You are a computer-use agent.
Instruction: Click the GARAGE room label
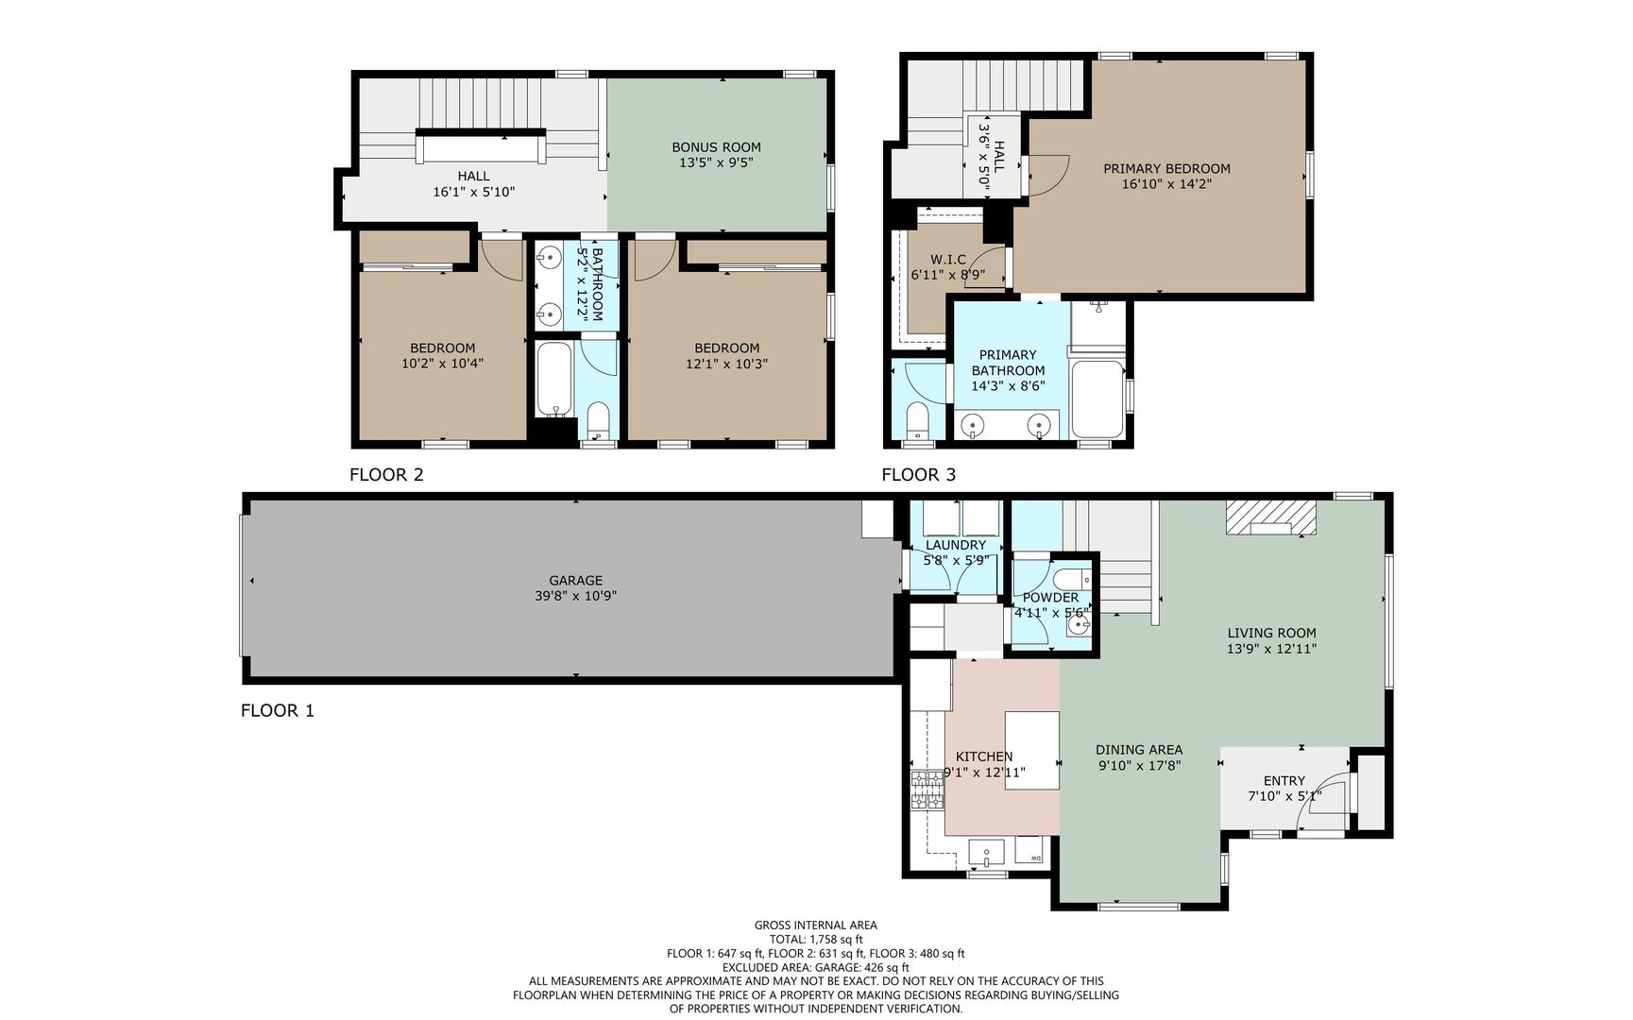point(575,581)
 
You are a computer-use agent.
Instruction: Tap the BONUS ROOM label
point(716,147)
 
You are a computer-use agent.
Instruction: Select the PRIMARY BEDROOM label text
point(1166,169)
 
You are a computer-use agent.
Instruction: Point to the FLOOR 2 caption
point(386,474)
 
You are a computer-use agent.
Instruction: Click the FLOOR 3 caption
point(918,474)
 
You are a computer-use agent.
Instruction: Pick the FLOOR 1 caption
point(277,710)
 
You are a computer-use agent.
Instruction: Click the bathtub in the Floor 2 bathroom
point(553,379)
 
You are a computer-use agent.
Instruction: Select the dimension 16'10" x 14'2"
point(1166,184)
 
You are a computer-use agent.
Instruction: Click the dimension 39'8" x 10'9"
point(575,596)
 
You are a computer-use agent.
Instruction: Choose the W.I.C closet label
point(947,260)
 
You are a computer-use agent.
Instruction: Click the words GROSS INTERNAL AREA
point(815,926)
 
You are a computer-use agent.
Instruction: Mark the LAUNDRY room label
point(955,545)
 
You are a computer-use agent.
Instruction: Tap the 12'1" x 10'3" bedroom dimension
point(726,363)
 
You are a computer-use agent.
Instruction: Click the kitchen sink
point(986,852)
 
